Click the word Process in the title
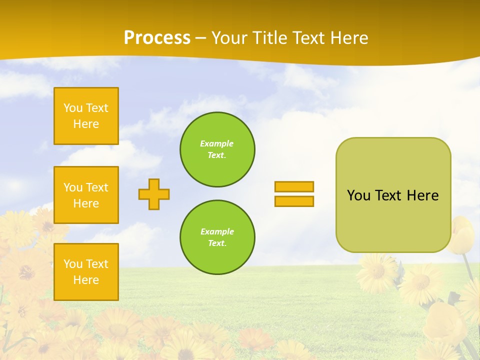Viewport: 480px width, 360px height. pyautogui.click(x=157, y=37)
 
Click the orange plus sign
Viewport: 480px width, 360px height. pyautogui.click(x=154, y=194)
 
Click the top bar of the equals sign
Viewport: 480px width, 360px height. pyautogui.click(x=294, y=187)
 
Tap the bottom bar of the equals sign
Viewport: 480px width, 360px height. pyautogui.click(x=294, y=201)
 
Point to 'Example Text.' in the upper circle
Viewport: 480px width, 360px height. pyautogui.click(x=217, y=149)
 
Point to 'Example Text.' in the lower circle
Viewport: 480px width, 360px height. pyautogui.click(x=217, y=237)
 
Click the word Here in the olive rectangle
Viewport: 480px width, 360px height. pyautogui.click(x=422, y=195)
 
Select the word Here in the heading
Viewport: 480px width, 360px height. pyautogui.click(x=349, y=37)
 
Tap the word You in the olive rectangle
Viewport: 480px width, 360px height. pyautogui.click(x=358, y=195)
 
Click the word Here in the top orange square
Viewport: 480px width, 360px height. pyautogui.click(x=86, y=124)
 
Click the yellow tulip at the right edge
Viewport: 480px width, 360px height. pyautogui.click(x=463, y=235)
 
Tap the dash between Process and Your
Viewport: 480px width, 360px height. pyautogui.click(x=201, y=38)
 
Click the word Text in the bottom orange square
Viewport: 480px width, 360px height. pyautogui.click(x=97, y=264)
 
